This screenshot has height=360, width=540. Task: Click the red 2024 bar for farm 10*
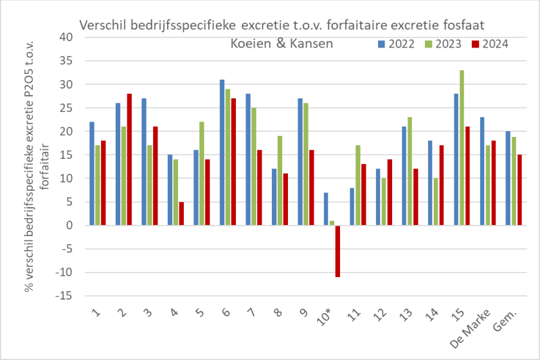[337, 251]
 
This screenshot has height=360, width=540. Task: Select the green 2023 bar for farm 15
[462, 148]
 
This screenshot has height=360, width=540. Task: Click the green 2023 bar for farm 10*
[331, 223]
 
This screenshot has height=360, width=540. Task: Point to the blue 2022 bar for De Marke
[482, 171]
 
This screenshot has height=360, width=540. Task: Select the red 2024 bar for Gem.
[519, 190]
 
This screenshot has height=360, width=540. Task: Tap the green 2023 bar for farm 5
[201, 174]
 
